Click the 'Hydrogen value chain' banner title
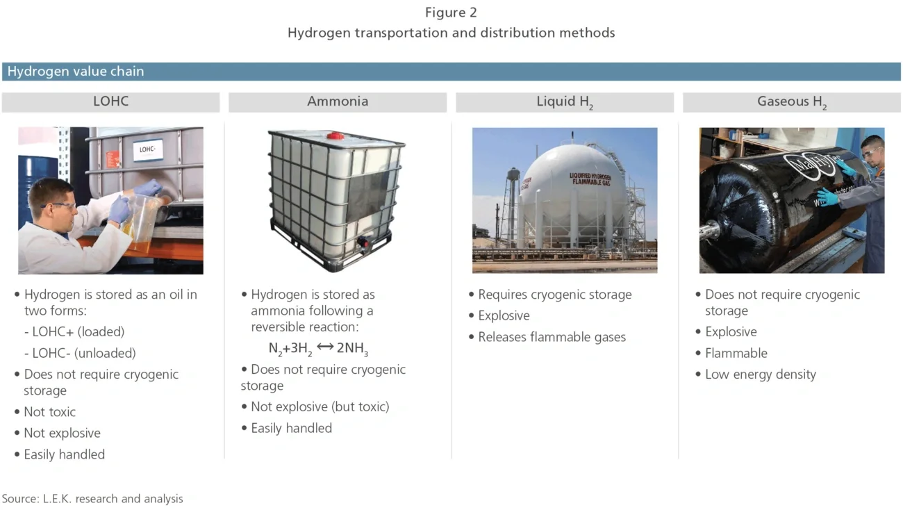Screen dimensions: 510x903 point(76,72)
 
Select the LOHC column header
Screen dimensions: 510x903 point(111,101)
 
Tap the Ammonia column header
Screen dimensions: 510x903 point(338,101)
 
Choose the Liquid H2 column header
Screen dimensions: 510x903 point(565,101)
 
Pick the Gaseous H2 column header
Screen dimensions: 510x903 point(792,101)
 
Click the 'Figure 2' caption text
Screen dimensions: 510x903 point(451,13)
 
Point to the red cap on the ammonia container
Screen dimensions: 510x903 point(335,135)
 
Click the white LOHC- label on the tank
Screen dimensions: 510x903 point(147,149)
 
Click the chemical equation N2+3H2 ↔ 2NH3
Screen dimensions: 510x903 point(318,348)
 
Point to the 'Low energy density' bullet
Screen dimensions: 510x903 point(760,375)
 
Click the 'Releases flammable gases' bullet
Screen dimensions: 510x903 point(552,337)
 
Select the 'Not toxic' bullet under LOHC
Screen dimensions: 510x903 point(49,412)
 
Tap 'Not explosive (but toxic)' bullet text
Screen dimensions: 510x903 point(320,406)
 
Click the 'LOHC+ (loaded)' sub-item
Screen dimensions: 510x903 point(78,331)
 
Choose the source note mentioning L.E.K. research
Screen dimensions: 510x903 point(92,498)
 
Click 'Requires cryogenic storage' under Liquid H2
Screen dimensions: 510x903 point(554,295)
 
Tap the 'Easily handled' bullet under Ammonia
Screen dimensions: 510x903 point(291,428)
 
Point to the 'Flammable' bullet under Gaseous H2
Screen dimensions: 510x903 point(736,353)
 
